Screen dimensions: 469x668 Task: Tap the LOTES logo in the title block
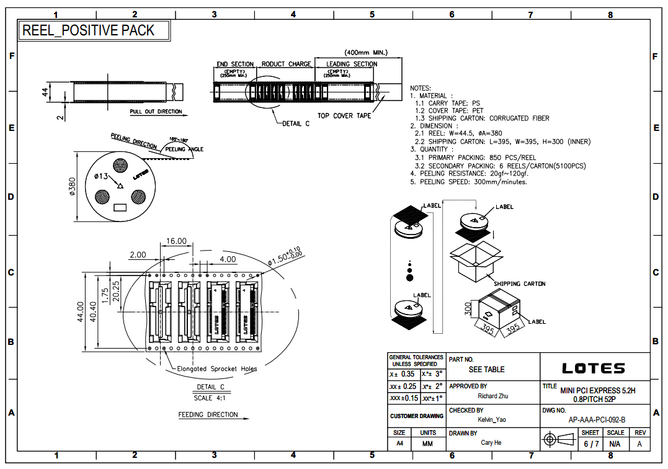coord(593,368)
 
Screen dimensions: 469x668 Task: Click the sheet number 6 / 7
coord(591,444)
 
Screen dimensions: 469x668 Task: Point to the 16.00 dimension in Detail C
coord(176,241)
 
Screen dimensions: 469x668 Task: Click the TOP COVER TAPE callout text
coord(344,116)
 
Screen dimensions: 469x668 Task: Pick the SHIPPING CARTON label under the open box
coord(519,284)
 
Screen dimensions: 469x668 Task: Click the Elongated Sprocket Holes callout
coord(217,368)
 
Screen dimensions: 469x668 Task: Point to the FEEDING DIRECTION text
coord(208,414)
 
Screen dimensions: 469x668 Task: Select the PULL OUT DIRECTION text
coord(156,112)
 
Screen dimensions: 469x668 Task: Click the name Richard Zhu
coord(494,396)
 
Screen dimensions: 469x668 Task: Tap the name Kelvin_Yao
coord(492,420)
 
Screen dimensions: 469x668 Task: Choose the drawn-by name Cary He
coord(491,443)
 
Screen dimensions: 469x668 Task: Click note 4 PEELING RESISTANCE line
coord(469,174)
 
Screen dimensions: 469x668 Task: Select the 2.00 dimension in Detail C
coord(138,254)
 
